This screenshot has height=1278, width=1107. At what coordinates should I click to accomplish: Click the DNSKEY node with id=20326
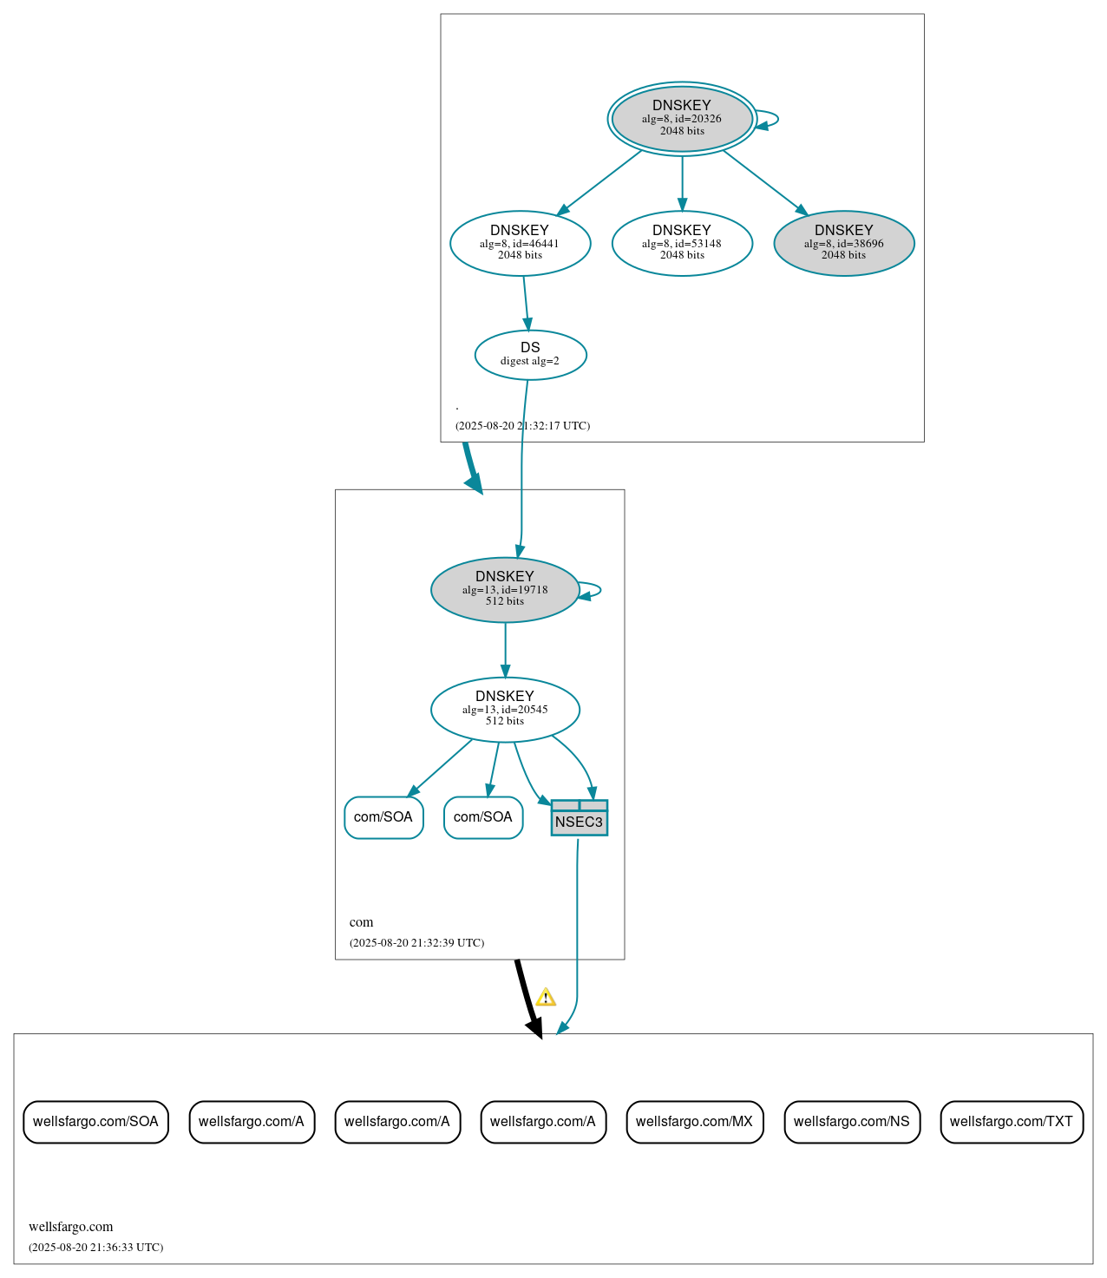(x=682, y=119)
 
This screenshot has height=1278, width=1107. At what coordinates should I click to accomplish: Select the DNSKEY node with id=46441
(x=520, y=243)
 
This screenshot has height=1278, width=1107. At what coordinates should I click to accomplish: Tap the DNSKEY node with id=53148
(x=682, y=243)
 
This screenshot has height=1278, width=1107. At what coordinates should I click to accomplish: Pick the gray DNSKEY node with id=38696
(x=843, y=243)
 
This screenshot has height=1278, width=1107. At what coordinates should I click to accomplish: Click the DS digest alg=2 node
(x=530, y=354)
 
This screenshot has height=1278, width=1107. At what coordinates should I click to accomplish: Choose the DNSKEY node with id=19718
(x=505, y=589)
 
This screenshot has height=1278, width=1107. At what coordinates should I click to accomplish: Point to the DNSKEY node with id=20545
(x=505, y=709)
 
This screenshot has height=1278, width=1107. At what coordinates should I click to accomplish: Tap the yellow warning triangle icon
(x=545, y=997)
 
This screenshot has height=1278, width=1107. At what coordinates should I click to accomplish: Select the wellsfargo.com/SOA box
(x=95, y=1122)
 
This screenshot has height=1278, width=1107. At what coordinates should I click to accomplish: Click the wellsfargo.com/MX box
(x=694, y=1122)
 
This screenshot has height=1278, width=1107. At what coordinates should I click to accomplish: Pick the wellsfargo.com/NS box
(x=851, y=1122)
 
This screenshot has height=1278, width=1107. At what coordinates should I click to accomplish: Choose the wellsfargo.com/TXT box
(x=1011, y=1122)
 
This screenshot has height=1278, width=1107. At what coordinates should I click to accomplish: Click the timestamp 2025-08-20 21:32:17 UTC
(x=522, y=426)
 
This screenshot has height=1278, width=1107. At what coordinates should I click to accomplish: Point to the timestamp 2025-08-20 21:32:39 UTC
(x=416, y=943)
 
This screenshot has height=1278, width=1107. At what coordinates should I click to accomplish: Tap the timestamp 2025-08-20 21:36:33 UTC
(x=95, y=1248)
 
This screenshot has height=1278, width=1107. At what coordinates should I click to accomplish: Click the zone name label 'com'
(x=361, y=922)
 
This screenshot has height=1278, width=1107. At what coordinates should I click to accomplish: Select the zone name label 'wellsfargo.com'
(x=70, y=1227)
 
